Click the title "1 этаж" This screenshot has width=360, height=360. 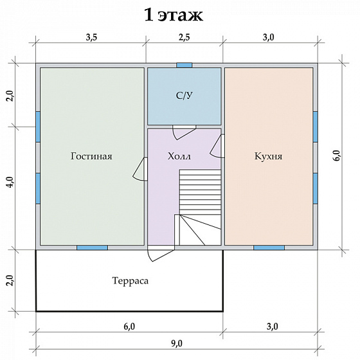[174, 15]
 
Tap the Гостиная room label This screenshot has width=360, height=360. [91, 156]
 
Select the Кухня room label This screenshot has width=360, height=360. [269, 156]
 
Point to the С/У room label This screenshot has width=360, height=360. [184, 96]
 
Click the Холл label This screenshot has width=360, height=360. [179, 156]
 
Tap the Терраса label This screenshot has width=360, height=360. [130, 280]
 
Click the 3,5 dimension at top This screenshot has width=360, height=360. [91, 37]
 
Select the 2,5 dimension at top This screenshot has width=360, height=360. [184, 37]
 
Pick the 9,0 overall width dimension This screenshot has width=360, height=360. [177, 344]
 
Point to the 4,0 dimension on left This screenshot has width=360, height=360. [10, 183]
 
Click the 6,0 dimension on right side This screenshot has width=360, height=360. [337, 156]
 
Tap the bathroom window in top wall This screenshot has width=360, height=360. [184, 65]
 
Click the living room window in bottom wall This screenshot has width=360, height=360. [92, 248]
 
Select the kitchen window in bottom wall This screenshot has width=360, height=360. [269, 248]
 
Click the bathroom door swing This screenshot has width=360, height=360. [184, 132]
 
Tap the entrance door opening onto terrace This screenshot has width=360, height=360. [160, 253]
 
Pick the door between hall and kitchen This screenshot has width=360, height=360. [217, 146]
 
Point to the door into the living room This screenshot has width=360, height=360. [140, 169]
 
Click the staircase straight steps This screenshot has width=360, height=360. [200, 192]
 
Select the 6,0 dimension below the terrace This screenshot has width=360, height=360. [129, 327]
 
